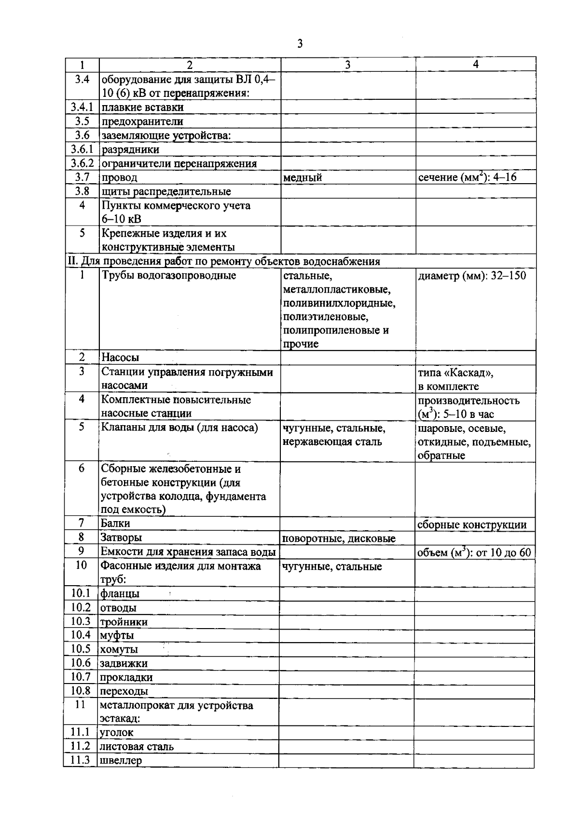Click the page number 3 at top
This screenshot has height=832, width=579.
tap(300, 44)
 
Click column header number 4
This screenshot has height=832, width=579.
tap(476, 64)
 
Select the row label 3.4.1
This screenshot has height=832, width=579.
tap(82, 107)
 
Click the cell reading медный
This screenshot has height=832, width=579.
tap(303, 178)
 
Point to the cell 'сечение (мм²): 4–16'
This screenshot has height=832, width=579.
tap(467, 177)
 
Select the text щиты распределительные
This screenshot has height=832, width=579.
tap(166, 192)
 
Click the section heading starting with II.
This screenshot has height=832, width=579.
tap(223, 262)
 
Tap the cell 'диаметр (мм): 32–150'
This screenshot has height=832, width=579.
tap(472, 276)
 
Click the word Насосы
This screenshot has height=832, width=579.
tap(120, 358)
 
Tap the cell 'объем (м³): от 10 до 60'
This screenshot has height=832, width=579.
tap(474, 552)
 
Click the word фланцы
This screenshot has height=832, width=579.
tap(120, 594)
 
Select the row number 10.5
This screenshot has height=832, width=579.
tap(81, 649)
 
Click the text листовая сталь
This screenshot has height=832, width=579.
tap(137, 747)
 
